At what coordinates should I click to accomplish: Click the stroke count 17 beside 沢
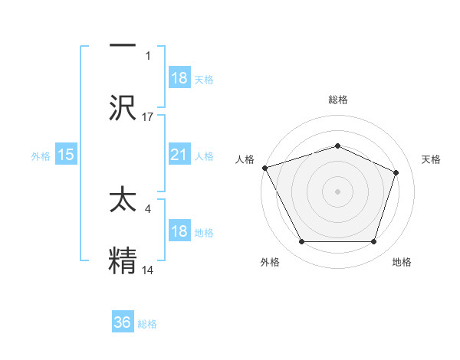pyautogui.click(x=148, y=116)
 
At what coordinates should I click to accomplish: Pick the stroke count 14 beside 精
pyautogui.click(x=148, y=270)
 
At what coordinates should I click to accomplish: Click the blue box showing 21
pyautogui.click(x=179, y=155)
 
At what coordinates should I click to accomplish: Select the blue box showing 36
pyautogui.click(x=123, y=322)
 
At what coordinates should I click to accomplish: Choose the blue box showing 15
pyautogui.click(x=66, y=155)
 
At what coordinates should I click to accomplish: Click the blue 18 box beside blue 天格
pyautogui.click(x=179, y=78)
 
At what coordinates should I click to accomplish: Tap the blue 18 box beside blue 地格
pyautogui.click(x=179, y=232)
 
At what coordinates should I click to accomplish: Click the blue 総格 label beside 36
pyautogui.click(x=147, y=324)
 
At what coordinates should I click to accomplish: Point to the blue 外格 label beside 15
pyautogui.click(x=41, y=156)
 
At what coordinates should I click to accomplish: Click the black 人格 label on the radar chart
pyautogui.click(x=245, y=159)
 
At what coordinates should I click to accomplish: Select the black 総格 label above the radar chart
pyautogui.click(x=337, y=100)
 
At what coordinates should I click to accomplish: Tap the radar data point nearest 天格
pyautogui.click(x=396, y=172)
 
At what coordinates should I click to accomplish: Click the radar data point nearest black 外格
pyautogui.click(x=301, y=242)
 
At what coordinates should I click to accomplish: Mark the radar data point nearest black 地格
pyautogui.click(x=374, y=242)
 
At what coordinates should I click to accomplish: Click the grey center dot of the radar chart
pyautogui.click(x=337, y=191)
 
